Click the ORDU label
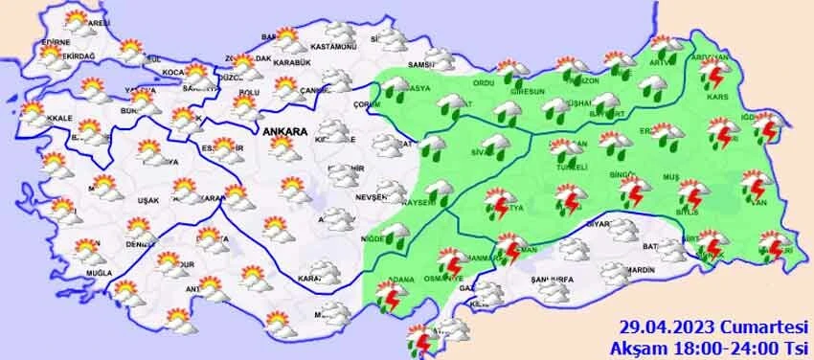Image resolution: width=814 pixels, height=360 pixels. coord(485,82)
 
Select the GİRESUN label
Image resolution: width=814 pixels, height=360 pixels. coord(530,92)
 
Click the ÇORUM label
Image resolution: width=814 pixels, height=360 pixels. coord(367,103)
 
